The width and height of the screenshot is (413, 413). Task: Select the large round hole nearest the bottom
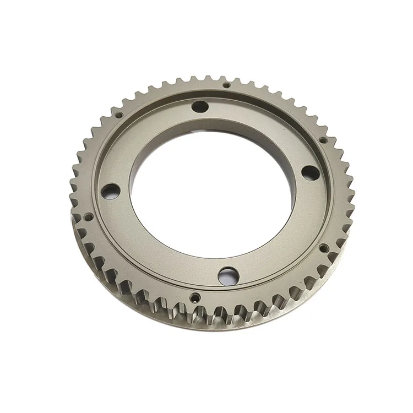pyautogui.click(x=226, y=274)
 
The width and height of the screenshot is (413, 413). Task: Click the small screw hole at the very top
pyautogui.click(x=226, y=85)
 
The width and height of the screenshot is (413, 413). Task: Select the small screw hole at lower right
pyautogui.click(x=323, y=248)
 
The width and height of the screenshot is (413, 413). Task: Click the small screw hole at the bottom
pyautogui.click(x=194, y=297)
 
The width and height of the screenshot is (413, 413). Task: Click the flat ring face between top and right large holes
pyautogui.click(x=270, y=127)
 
